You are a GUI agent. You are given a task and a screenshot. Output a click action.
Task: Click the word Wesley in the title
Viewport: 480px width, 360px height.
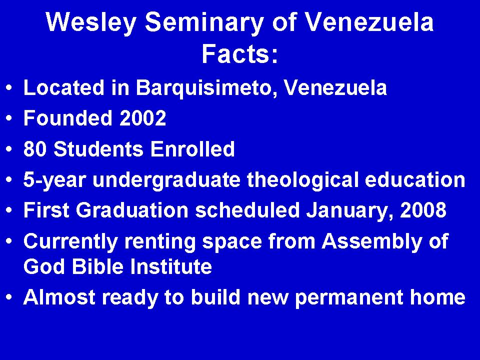[x=91, y=23]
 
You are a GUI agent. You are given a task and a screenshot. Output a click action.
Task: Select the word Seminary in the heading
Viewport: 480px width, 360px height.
[x=204, y=23]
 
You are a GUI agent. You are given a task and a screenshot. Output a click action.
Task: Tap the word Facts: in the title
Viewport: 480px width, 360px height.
[x=240, y=53]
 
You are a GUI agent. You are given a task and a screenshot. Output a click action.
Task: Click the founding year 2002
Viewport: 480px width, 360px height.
[x=142, y=118]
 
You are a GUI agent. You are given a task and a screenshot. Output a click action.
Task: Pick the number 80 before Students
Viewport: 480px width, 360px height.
[x=35, y=149]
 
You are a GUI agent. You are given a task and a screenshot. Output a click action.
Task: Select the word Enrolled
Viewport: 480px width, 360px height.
[x=192, y=149]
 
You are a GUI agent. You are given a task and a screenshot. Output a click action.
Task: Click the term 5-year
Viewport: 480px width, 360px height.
[x=54, y=180]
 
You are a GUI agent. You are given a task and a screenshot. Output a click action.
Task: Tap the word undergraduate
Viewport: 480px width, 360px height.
[x=166, y=180]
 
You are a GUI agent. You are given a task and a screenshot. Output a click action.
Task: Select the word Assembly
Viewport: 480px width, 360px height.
[x=371, y=242]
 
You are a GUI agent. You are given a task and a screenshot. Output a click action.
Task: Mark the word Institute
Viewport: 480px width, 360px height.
[x=171, y=266]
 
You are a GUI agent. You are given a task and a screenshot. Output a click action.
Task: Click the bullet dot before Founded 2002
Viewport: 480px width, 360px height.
[x=10, y=118]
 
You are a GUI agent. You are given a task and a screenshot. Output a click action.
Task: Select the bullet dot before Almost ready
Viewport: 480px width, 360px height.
[x=10, y=297]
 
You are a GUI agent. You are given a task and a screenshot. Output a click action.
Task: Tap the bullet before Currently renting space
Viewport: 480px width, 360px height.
[x=10, y=241]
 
